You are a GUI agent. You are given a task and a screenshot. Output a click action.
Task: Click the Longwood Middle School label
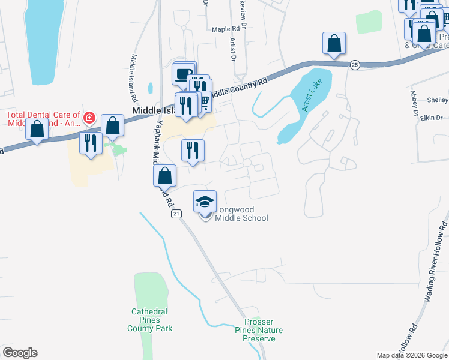tap(241, 214)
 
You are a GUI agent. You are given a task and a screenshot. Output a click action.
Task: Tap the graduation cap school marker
tap(205, 202)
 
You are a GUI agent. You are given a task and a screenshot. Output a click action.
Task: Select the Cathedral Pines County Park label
tap(149, 320)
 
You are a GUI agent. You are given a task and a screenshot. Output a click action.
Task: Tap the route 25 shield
tap(355, 64)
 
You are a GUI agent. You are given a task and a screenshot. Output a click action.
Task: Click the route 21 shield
tap(175, 214)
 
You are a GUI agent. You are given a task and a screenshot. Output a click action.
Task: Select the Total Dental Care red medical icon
tap(89, 118)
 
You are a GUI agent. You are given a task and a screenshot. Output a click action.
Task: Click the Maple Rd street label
tap(226, 28)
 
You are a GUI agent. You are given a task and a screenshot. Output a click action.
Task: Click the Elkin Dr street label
tap(431, 118)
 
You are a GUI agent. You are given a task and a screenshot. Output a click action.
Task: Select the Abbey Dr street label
tap(413, 103)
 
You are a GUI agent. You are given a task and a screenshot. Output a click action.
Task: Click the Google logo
tap(20, 353)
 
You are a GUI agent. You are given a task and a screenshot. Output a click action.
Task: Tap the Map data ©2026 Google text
tap(411, 355)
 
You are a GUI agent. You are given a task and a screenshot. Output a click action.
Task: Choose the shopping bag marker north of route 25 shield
tap(334, 44)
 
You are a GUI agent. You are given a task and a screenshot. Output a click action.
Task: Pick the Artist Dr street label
tap(232, 49)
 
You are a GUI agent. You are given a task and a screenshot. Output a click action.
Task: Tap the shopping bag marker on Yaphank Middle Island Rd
tap(164, 176)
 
